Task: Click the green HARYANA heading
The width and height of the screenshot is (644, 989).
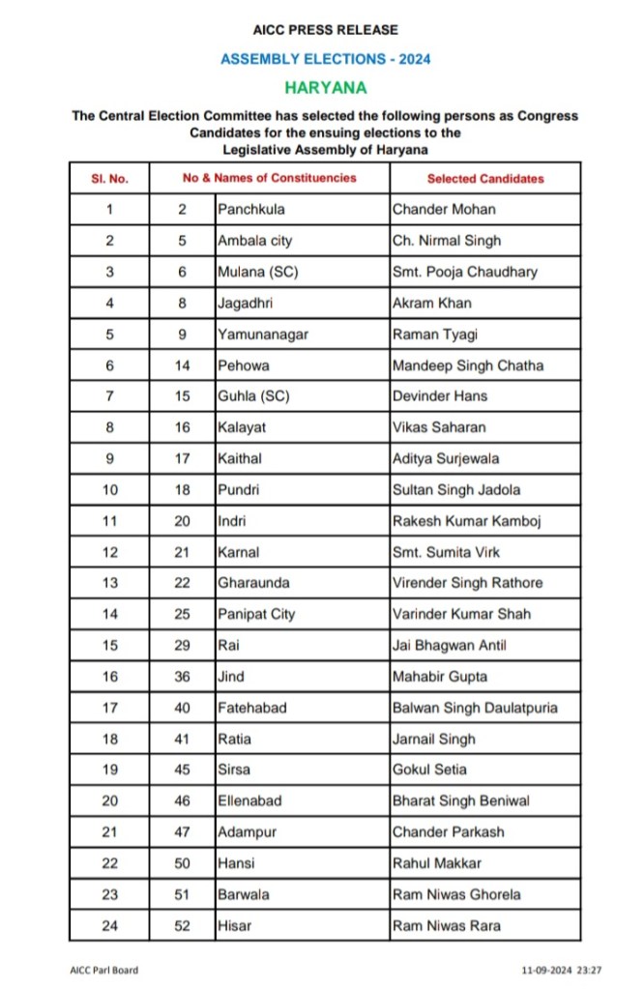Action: (325, 87)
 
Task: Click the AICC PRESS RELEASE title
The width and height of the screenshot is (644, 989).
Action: (325, 31)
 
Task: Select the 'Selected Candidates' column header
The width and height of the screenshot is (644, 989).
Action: (485, 179)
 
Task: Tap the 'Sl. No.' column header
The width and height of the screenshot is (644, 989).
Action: (109, 179)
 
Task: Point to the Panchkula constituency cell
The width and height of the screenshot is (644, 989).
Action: (251, 209)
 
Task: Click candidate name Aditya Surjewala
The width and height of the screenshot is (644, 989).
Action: (446, 458)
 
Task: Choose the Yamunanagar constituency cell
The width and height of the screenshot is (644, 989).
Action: (258, 335)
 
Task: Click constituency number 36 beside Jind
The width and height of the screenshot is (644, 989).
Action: (183, 676)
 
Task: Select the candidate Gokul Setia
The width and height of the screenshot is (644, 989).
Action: (429, 770)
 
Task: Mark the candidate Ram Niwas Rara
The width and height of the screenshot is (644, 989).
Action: (447, 925)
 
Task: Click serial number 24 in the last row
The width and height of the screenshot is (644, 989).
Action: (110, 925)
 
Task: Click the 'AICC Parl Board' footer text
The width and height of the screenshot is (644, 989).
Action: (102, 969)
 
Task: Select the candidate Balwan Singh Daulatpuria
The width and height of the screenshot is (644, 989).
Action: (475, 708)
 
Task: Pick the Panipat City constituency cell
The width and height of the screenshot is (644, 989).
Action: (256, 614)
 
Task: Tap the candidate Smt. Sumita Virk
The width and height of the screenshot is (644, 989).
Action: (446, 552)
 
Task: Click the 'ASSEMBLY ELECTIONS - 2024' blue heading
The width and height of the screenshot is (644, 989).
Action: (325, 59)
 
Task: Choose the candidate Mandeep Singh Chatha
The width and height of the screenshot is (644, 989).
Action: (468, 365)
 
